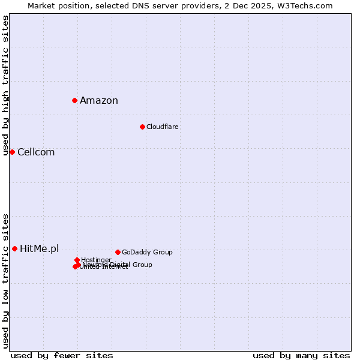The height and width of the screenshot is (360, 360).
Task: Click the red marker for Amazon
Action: pos(74,100)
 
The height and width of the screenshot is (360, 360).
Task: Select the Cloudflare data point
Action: pos(142,127)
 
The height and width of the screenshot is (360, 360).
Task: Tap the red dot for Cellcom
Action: pos(12,152)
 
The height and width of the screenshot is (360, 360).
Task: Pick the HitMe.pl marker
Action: pos(14,248)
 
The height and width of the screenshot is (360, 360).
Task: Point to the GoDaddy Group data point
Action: pos(118,252)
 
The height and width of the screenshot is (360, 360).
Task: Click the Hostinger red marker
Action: pos(77,260)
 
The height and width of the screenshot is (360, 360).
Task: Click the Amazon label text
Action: pos(99,100)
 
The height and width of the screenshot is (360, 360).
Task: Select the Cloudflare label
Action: pos(162,127)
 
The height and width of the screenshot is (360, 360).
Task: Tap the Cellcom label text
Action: pos(36,152)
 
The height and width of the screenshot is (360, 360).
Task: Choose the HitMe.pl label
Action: pos(40,248)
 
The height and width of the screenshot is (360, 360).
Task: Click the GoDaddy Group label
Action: pos(147,252)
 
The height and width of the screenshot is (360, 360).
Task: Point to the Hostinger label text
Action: pos(96,260)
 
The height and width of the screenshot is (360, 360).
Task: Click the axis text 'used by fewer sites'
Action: pos(62,355)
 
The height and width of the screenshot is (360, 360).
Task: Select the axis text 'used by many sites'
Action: pos(301,355)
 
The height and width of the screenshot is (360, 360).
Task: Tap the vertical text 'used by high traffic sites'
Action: pos(6,85)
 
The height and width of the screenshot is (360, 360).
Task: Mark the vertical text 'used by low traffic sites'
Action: pos(6,280)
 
